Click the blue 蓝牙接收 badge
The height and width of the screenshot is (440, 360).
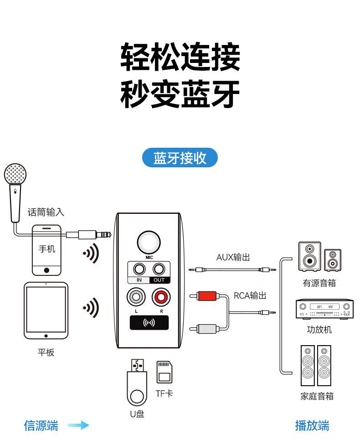180,158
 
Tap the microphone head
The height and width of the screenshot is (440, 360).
15,174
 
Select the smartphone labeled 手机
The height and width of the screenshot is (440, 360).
46,249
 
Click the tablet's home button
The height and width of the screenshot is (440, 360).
46,336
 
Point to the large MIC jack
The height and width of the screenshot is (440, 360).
149,242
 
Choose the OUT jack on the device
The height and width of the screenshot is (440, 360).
158,269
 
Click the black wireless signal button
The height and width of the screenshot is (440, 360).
149,323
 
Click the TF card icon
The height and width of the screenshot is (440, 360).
164,372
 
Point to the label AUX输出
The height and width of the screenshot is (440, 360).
233,257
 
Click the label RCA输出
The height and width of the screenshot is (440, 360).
250,295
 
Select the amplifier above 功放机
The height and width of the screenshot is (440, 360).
325,310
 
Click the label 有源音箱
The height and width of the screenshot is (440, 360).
319,283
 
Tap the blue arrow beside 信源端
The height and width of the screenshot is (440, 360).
78,426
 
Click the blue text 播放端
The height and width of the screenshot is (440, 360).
312,426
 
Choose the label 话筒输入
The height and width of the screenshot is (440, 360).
46,212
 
